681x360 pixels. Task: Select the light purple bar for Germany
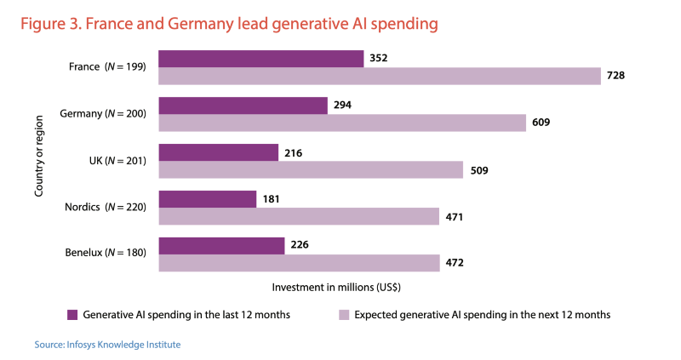tap(342, 123)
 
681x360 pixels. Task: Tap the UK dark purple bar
tap(219, 152)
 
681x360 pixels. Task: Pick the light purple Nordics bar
tap(299, 217)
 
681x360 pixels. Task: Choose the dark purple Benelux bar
tap(222, 246)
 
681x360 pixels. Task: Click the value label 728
tap(616, 76)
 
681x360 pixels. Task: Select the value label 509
tap(478, 170)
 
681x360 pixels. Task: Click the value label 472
tap(455, 264)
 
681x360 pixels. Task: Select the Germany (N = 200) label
tap(104, 113)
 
